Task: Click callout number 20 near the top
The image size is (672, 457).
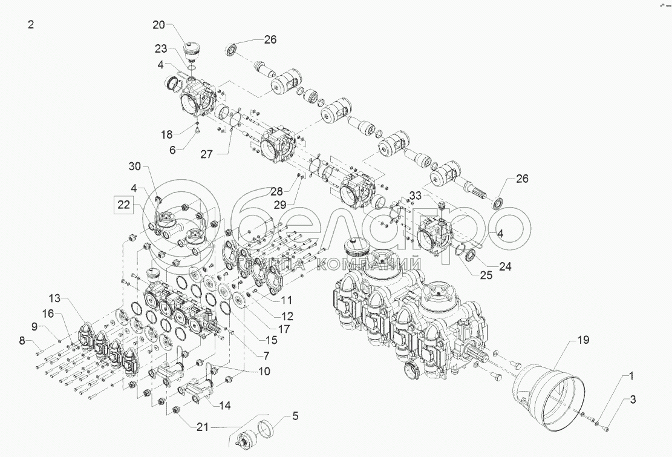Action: coord(158,25)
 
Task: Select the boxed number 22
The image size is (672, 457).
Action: coord(124,205)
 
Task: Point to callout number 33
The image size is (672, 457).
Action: coord(415,196)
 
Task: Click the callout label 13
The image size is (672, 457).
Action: coord(55,298)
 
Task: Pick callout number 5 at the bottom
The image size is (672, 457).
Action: coord(295,416)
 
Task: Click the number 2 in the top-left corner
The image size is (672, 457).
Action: coord(31,25)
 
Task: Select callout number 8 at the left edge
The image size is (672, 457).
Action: coord(22,341)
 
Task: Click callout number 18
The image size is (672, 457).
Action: coord(168,134)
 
